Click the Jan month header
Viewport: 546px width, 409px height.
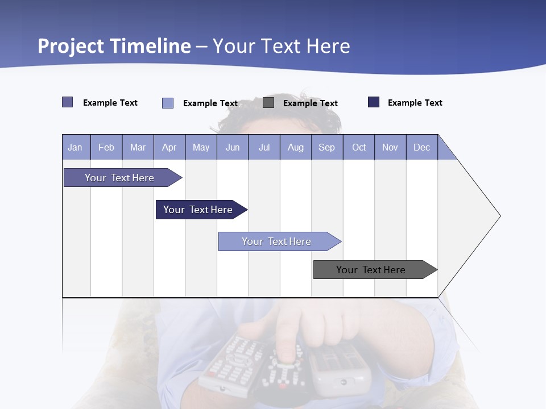[76, 147]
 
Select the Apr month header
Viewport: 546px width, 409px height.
[169, 147]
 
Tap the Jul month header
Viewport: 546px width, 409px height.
[264, 147]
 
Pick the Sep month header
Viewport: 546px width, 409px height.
[326, 147]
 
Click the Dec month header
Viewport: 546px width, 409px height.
[421, 147]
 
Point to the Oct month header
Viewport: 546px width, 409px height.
[359, 147]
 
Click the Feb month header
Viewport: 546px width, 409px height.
[106, 147]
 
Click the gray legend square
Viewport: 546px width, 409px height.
[268, 103]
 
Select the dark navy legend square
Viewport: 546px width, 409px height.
[374, 102]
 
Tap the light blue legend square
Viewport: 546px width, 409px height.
[168, 103]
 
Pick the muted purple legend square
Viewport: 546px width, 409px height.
[68, 102]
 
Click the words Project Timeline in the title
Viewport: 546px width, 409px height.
[114, 46]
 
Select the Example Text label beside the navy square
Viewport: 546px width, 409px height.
[415, 103]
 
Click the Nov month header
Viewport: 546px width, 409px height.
[390, 147]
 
